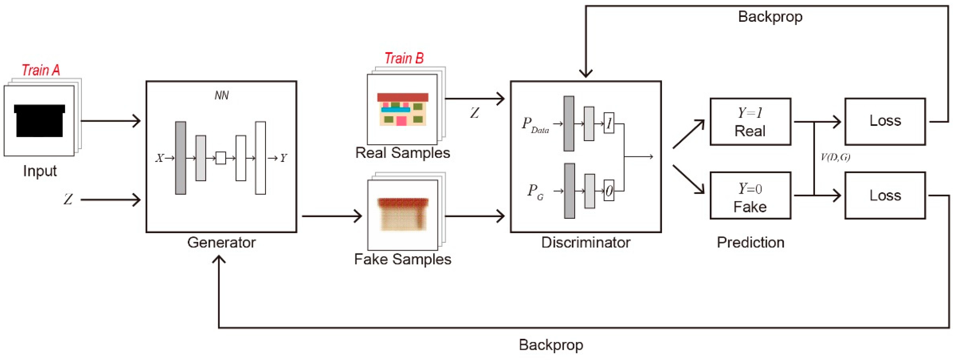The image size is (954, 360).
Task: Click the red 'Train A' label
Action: coord(41,70)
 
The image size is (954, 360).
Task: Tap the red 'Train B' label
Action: coord(404,58)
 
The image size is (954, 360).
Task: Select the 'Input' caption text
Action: coord(40,171)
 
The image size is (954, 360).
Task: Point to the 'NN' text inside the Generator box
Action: coord(221,96)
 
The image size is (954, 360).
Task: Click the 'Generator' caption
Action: coord(221,243)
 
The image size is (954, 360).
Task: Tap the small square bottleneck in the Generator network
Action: coord(221,158)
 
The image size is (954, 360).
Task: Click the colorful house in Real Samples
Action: coord(403,109)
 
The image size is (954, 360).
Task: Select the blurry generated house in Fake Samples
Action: coord(403,214)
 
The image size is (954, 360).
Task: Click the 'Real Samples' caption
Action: coord(403,153)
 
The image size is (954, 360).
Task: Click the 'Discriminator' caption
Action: coord(586,243)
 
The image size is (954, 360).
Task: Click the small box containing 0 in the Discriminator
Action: coord(609,190)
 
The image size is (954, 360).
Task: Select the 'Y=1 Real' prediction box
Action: coord(750,122)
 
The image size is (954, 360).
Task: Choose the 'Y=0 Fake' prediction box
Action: coord(750,195)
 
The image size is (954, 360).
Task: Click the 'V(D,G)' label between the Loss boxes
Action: coord(835,157)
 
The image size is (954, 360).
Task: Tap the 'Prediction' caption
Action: coord(750,243)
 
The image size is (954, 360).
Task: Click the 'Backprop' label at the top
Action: coord(770,17)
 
